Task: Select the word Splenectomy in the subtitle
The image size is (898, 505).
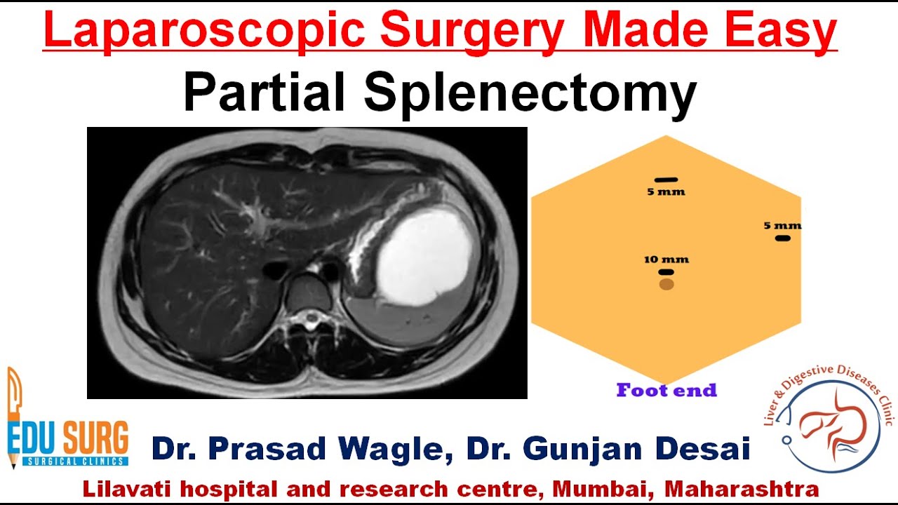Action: (x=530, y=94)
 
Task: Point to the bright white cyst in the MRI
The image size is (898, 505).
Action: (x=423, y=257)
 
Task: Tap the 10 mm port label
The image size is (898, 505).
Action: (x=666, y=260)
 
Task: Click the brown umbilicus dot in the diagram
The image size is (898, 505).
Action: (x=666, y=284)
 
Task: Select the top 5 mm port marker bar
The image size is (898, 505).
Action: (x=666, y=180)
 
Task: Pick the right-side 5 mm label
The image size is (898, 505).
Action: (x=782, y=226)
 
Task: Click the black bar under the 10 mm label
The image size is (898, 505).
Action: (x=666, y=272)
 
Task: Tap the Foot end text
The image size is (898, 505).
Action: (x=666, y=391)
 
